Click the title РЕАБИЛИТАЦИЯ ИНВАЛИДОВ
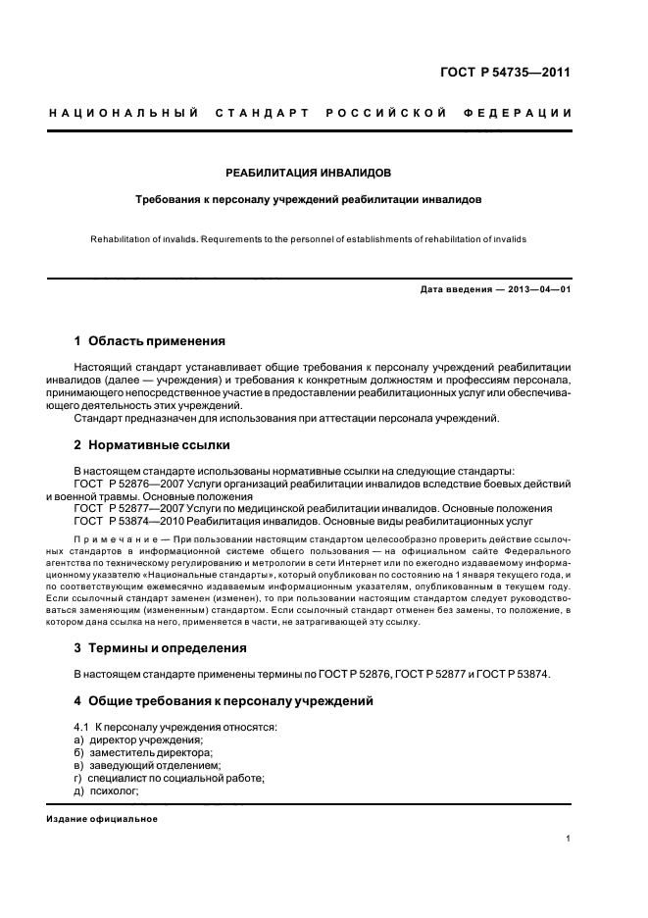point(308,172)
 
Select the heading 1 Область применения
point(150,341)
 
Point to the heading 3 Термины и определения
point(160,648)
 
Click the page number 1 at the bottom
point(569,838)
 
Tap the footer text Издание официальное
point(102,819)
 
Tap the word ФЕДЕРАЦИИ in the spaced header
point(526,114)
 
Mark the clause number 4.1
point(82,727)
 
